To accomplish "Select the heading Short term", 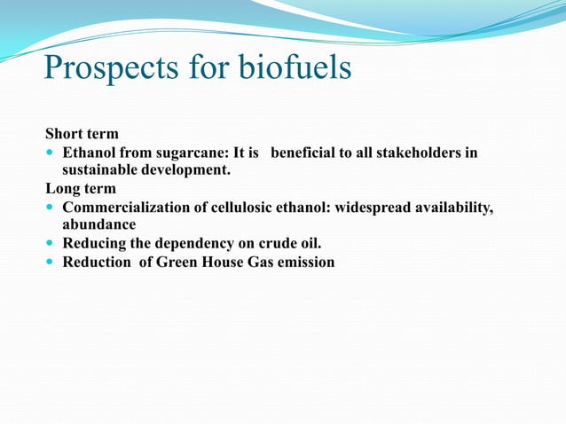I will click(82, 135).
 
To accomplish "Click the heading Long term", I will click(80, 188).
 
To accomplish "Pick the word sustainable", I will click(99, 170).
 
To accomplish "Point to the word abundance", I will click(98, 224).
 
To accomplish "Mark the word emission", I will click(303, 262).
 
